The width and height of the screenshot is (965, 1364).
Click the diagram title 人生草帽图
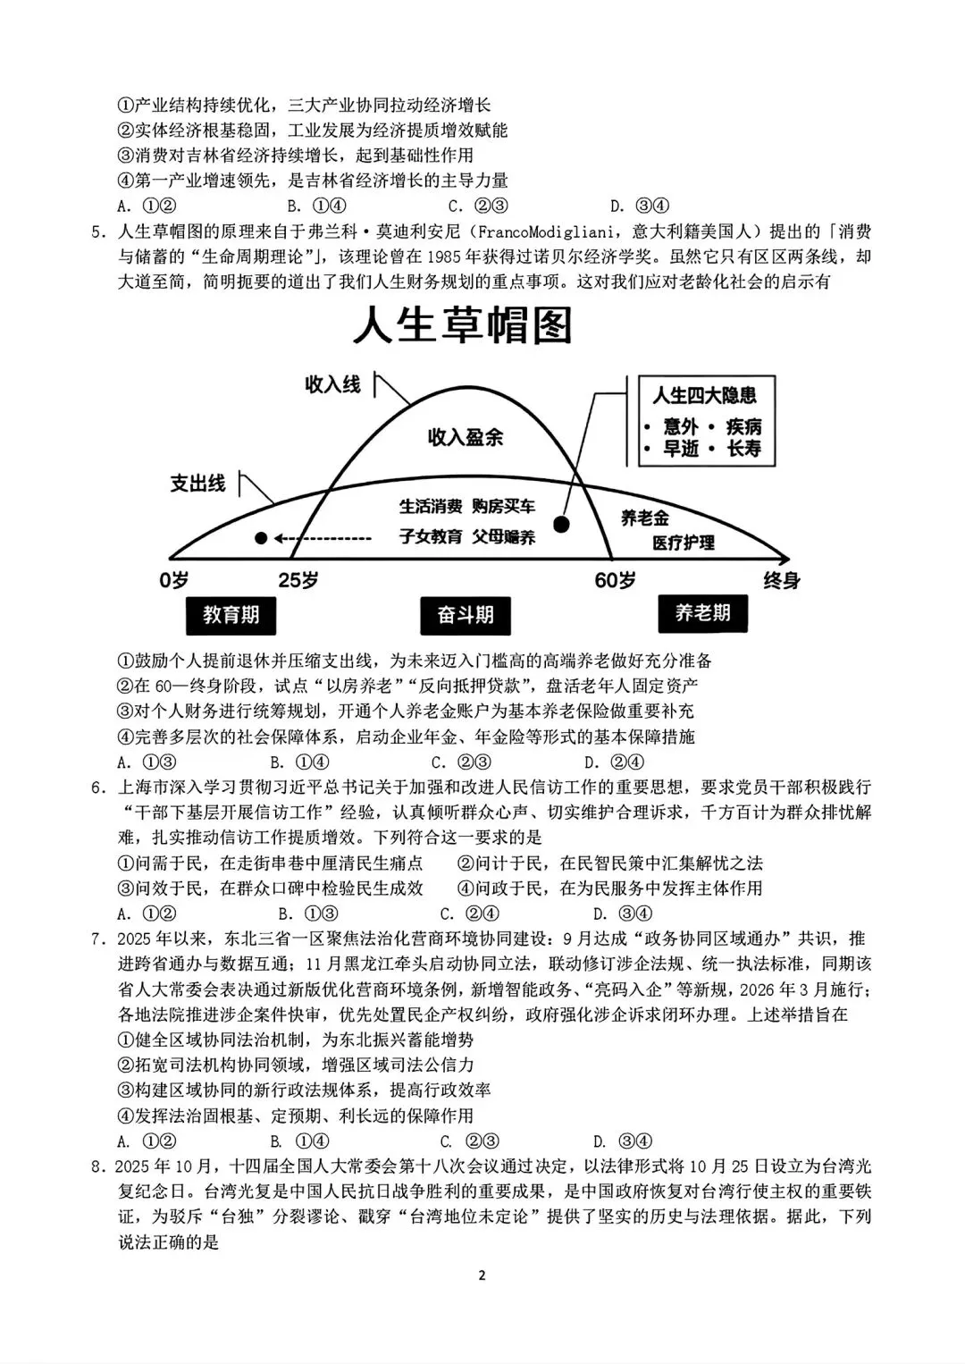click(462, 327)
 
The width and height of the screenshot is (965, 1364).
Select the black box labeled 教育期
click(231, 615)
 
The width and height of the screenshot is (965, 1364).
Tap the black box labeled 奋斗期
click(465, 615)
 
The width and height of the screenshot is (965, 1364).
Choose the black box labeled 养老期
click(702, 613)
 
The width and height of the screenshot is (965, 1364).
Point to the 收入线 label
click(332, 385)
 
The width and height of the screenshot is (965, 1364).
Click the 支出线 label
click(197, 484)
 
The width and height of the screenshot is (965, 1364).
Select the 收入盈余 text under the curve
click(465, 437)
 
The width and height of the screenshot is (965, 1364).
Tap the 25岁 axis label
click(298, 580)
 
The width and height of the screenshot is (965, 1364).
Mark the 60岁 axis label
click(615, 580)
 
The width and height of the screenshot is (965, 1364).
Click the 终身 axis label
click(781, 580)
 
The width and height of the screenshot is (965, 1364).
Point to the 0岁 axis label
click(174, 580)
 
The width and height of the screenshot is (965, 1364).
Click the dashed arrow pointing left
click(322, 538)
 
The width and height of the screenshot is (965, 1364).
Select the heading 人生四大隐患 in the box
click(703, 395)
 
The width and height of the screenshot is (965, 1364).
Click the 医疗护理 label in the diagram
click(683, 543)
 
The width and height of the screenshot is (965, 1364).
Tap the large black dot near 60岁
click(562, 524)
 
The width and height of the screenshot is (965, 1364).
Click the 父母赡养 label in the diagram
click(503, 537)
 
